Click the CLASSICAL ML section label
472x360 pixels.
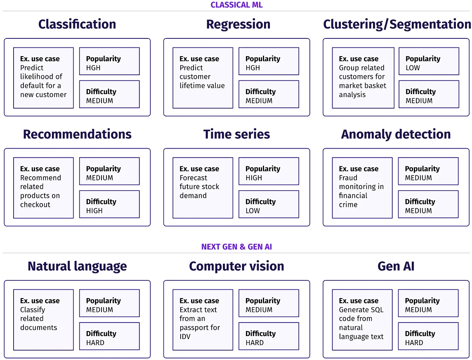[236, 5]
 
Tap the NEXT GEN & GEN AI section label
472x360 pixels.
[236, 247]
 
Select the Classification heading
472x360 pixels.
[77, 24]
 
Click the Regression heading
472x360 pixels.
[238, 24]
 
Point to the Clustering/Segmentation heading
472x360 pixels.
[397, 24]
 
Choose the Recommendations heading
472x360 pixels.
[77, 134]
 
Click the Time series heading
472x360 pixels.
[236, 134]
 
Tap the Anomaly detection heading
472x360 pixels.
[396, 134]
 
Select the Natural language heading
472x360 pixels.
[77, 266]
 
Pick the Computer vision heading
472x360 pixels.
[236, 266]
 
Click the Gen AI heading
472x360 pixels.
[396, 266]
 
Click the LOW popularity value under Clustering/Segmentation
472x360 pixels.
[413, 68]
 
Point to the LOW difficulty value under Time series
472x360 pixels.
[253, 211]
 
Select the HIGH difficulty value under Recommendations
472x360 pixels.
[94, 211]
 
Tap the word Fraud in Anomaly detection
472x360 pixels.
[348, 178]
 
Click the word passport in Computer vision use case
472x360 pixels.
[194, 328]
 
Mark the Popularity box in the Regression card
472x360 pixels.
[269, 61]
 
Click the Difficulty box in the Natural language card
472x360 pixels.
[109, 336]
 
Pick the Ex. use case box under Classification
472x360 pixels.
[43, 78]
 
